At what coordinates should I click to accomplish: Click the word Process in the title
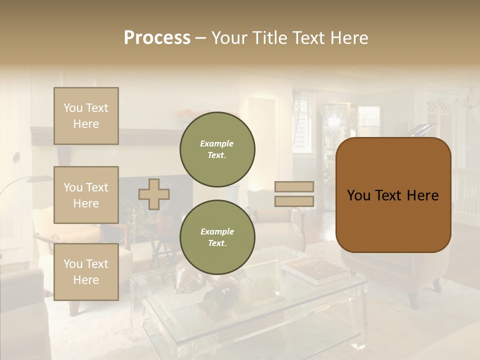click(157, 38)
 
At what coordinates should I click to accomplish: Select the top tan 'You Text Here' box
click(86, 116)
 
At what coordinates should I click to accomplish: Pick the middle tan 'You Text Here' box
click(86, 195)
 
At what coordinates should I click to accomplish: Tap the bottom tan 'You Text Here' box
click(86, 271)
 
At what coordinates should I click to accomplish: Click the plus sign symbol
click(154, 194)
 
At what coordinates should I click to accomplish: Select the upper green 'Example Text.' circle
click(217, 149)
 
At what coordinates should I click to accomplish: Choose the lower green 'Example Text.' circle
click(217, 237)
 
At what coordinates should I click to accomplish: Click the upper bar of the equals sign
click(294, 186)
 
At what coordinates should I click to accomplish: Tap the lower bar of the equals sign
click(294, 201)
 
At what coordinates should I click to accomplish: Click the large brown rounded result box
click(393, 195)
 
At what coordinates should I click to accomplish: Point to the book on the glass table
click(315, 270)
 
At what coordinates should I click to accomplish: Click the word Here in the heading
click(348, 38)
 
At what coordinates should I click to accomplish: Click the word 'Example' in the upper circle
click(217, 143)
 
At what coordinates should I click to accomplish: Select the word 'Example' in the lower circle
click(217, 231)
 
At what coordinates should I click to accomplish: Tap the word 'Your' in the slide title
click(229, 38)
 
